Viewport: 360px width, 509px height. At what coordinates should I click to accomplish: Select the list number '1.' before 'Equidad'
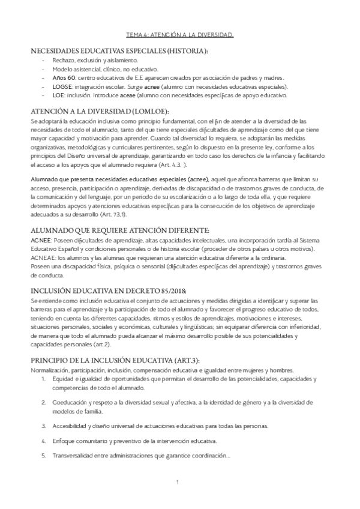tap(44, 379)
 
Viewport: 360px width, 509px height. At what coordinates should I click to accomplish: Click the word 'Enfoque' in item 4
tap(64, 440)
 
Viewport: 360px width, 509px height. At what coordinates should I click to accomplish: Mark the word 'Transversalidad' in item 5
tap(74, 454)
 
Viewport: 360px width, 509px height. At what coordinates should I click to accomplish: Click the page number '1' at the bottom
tap(178, 482)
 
